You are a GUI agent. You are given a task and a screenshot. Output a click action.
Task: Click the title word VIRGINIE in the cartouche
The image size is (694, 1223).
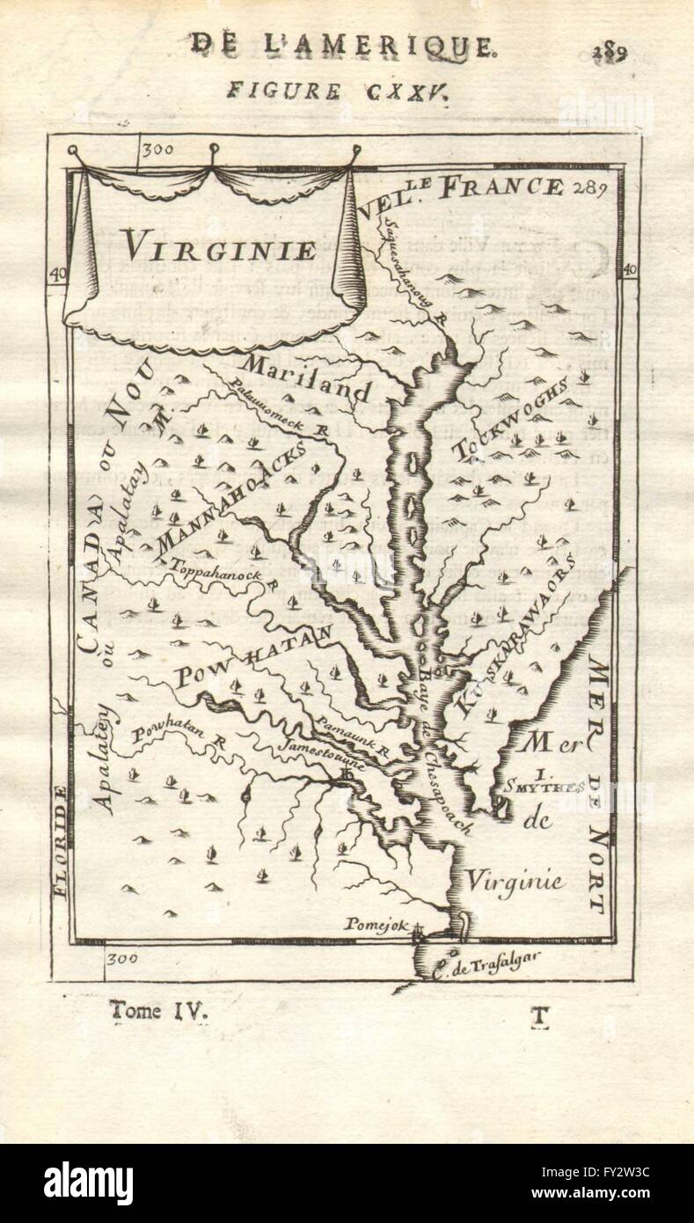coord(218,247)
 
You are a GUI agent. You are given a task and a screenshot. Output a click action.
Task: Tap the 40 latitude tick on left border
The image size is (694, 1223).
coord(58,275)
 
